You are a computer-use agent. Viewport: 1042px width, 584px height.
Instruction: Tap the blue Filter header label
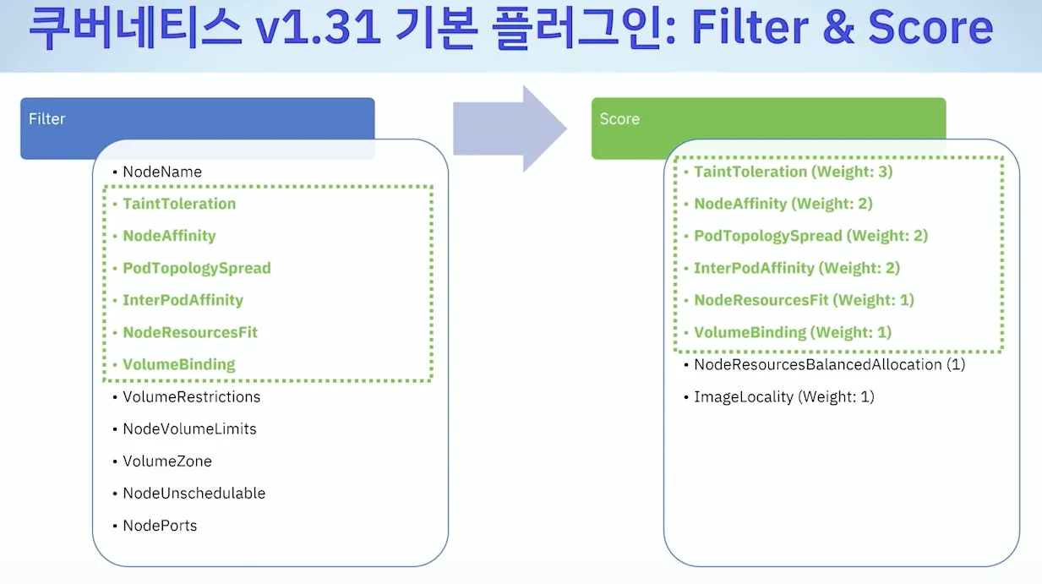pyautogui.click(x=47, y=119)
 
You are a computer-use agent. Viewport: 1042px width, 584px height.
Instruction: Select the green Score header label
pyautogui.click(x=619, y=119)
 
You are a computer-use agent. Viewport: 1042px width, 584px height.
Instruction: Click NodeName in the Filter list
pyautogui.click(x=162, y=172)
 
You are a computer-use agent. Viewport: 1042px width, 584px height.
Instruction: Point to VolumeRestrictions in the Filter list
pyautogui.click(x=191, y=397)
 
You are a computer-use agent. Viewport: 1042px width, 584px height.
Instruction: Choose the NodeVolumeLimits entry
pyautogui.click(x=189, y=429)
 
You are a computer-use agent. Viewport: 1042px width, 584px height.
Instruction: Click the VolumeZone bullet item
pyautogui.click(x=167, y=461)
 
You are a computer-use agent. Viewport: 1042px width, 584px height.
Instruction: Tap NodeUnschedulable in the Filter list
pyautogui.click(x=194, y=494)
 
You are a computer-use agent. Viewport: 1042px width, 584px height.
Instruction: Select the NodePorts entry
pyautogui.click(x=160, y=526)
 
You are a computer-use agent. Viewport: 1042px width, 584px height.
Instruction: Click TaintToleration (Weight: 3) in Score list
pyautogui.click(x=793, y=172)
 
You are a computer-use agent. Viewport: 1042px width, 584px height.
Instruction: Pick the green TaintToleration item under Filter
pyautogui.click(x=179, y=205)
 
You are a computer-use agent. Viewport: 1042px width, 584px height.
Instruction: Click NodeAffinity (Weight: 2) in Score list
pyautogui.click(x=783, y=205)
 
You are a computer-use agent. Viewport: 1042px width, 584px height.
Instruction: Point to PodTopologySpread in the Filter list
pyautogui.click(x=197, y=269)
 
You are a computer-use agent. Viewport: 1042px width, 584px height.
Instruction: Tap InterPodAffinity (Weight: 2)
pyautogui.click(x=796, y=269)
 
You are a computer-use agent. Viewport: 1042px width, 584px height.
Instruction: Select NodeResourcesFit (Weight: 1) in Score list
pyautogui.click(x=804, y=301)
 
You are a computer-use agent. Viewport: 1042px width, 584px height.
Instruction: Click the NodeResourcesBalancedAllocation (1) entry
pyautogui.click(x=829, y=365)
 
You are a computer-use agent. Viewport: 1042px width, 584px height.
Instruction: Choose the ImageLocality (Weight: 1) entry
pyautogui.click(x=783, y=397)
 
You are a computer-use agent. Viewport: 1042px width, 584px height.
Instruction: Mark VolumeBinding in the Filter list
pyautogui.click(x=178, y=365)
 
